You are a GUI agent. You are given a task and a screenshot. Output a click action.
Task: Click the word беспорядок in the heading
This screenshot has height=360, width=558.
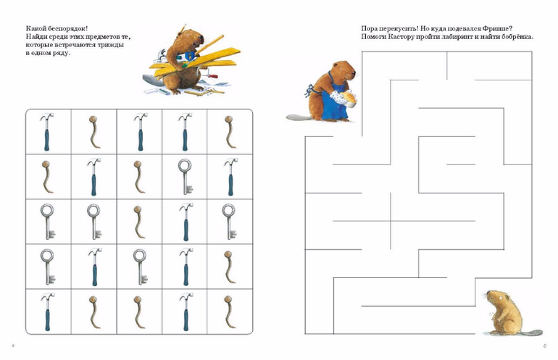pos(66,28)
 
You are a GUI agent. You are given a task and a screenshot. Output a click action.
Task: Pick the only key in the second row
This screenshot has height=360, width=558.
pos(185,177)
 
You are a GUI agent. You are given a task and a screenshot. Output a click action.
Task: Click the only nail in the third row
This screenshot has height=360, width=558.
pos(139,222)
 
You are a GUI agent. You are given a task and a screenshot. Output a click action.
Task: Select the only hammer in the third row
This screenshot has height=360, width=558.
pos(186,222)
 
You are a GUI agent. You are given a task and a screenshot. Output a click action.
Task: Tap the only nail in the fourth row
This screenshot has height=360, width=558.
pos(229,267)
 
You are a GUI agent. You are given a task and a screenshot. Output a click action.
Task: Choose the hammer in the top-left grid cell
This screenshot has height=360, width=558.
pos(46,132)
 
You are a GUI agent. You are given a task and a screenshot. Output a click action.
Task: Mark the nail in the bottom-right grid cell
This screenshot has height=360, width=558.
pos(230,312)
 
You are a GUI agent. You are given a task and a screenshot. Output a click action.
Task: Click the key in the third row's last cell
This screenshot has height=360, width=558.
pos(229,222)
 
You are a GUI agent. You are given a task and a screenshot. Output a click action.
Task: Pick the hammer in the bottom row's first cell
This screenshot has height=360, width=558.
pos(47,312)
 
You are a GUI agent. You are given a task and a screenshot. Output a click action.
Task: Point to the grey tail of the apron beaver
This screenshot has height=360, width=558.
pos(299,117)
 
